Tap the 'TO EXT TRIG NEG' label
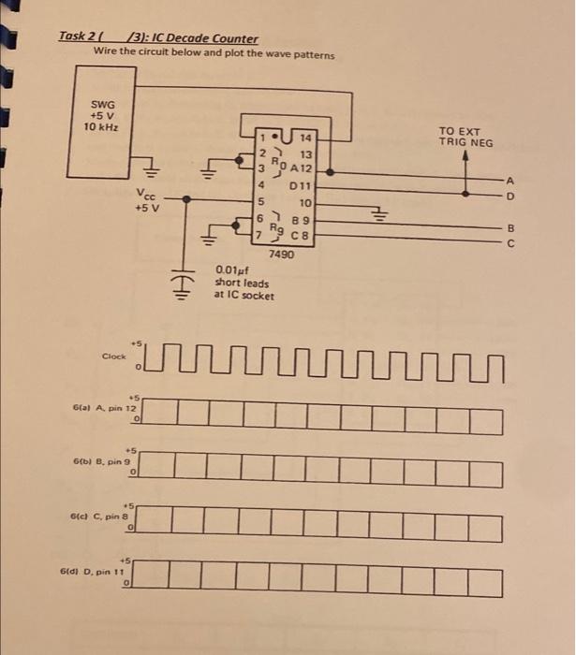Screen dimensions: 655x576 (x=465, y=136)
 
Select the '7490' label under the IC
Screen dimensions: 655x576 (x=281, y=254)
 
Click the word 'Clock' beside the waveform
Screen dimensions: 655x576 (x=114, y=356)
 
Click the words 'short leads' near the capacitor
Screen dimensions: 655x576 (x=242, y=282)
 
